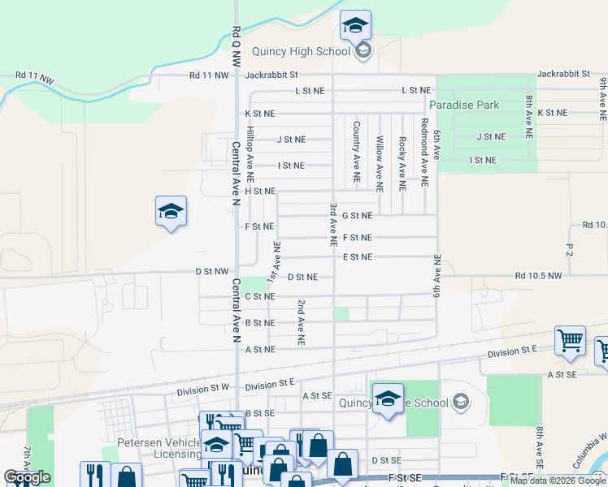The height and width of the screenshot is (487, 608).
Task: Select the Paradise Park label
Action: point(464,105)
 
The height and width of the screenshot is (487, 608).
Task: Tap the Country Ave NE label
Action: point(356,152)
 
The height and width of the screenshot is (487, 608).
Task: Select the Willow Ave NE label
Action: point(380,157)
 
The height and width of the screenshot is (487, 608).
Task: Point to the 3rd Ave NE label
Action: point(333,224)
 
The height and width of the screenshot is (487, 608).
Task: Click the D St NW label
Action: point(211,271)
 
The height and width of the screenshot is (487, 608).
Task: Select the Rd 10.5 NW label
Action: point(538,276)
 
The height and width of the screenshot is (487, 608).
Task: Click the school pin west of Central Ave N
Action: point(171,213)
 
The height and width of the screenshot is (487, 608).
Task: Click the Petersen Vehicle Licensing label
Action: point(159,449)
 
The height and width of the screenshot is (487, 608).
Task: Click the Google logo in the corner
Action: point(27,477)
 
